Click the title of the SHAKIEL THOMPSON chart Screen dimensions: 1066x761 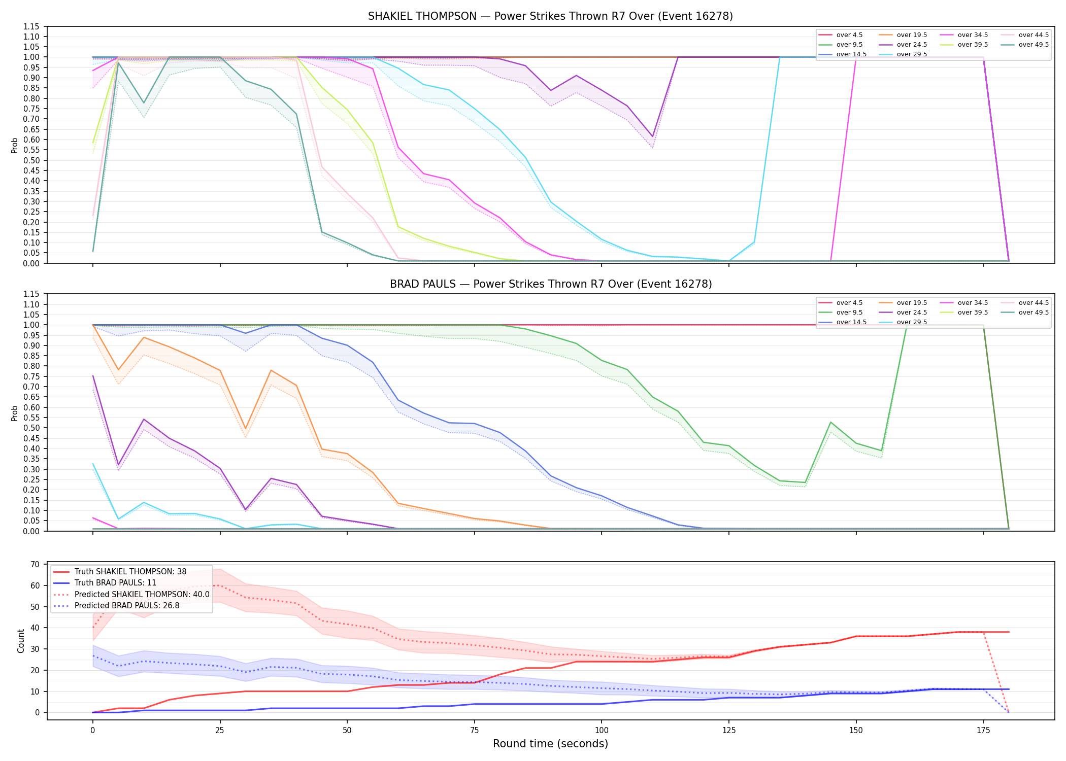click(550, 16)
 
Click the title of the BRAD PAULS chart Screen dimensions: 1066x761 click(551, 284)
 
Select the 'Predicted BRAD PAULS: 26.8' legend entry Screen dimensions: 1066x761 click(116, 606)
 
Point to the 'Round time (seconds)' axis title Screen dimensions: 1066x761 click(550, 744)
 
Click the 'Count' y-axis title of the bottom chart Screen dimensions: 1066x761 click(21, 641)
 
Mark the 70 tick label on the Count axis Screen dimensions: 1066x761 click(35, 564)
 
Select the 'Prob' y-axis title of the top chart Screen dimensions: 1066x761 click(15, 145)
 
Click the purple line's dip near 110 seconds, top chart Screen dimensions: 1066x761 click(652, 136)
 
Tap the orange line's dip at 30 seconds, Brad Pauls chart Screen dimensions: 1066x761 click(246, 429)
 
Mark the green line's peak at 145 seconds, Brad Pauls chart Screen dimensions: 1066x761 click(830, 422)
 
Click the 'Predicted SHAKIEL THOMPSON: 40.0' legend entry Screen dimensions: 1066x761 click(131, 595)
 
